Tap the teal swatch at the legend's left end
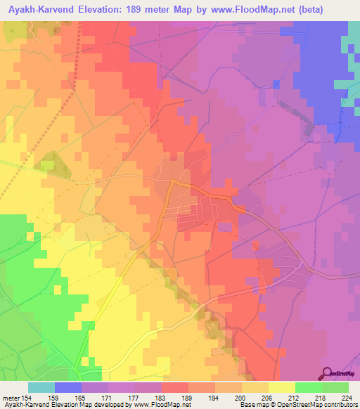pyautogui.click(x=41, y=387)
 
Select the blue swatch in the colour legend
pyautogui.click(x=68, y=387)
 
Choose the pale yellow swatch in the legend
pyautogui.click(x=281, y=387)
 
